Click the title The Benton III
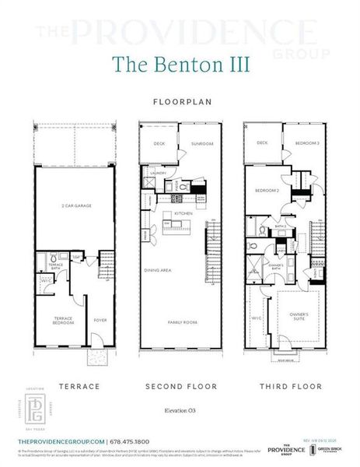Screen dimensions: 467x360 point(180,64)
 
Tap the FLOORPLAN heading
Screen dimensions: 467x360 point(180,101)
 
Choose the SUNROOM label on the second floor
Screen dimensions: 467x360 point(202,144)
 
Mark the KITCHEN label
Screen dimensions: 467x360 point(183,212)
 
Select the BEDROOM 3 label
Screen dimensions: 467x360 point(306,143)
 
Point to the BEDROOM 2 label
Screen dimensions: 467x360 point(267,191)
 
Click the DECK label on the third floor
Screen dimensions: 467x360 point(262,143)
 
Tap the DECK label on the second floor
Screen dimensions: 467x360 point(159,144)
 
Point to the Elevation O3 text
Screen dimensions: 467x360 point(180,409)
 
